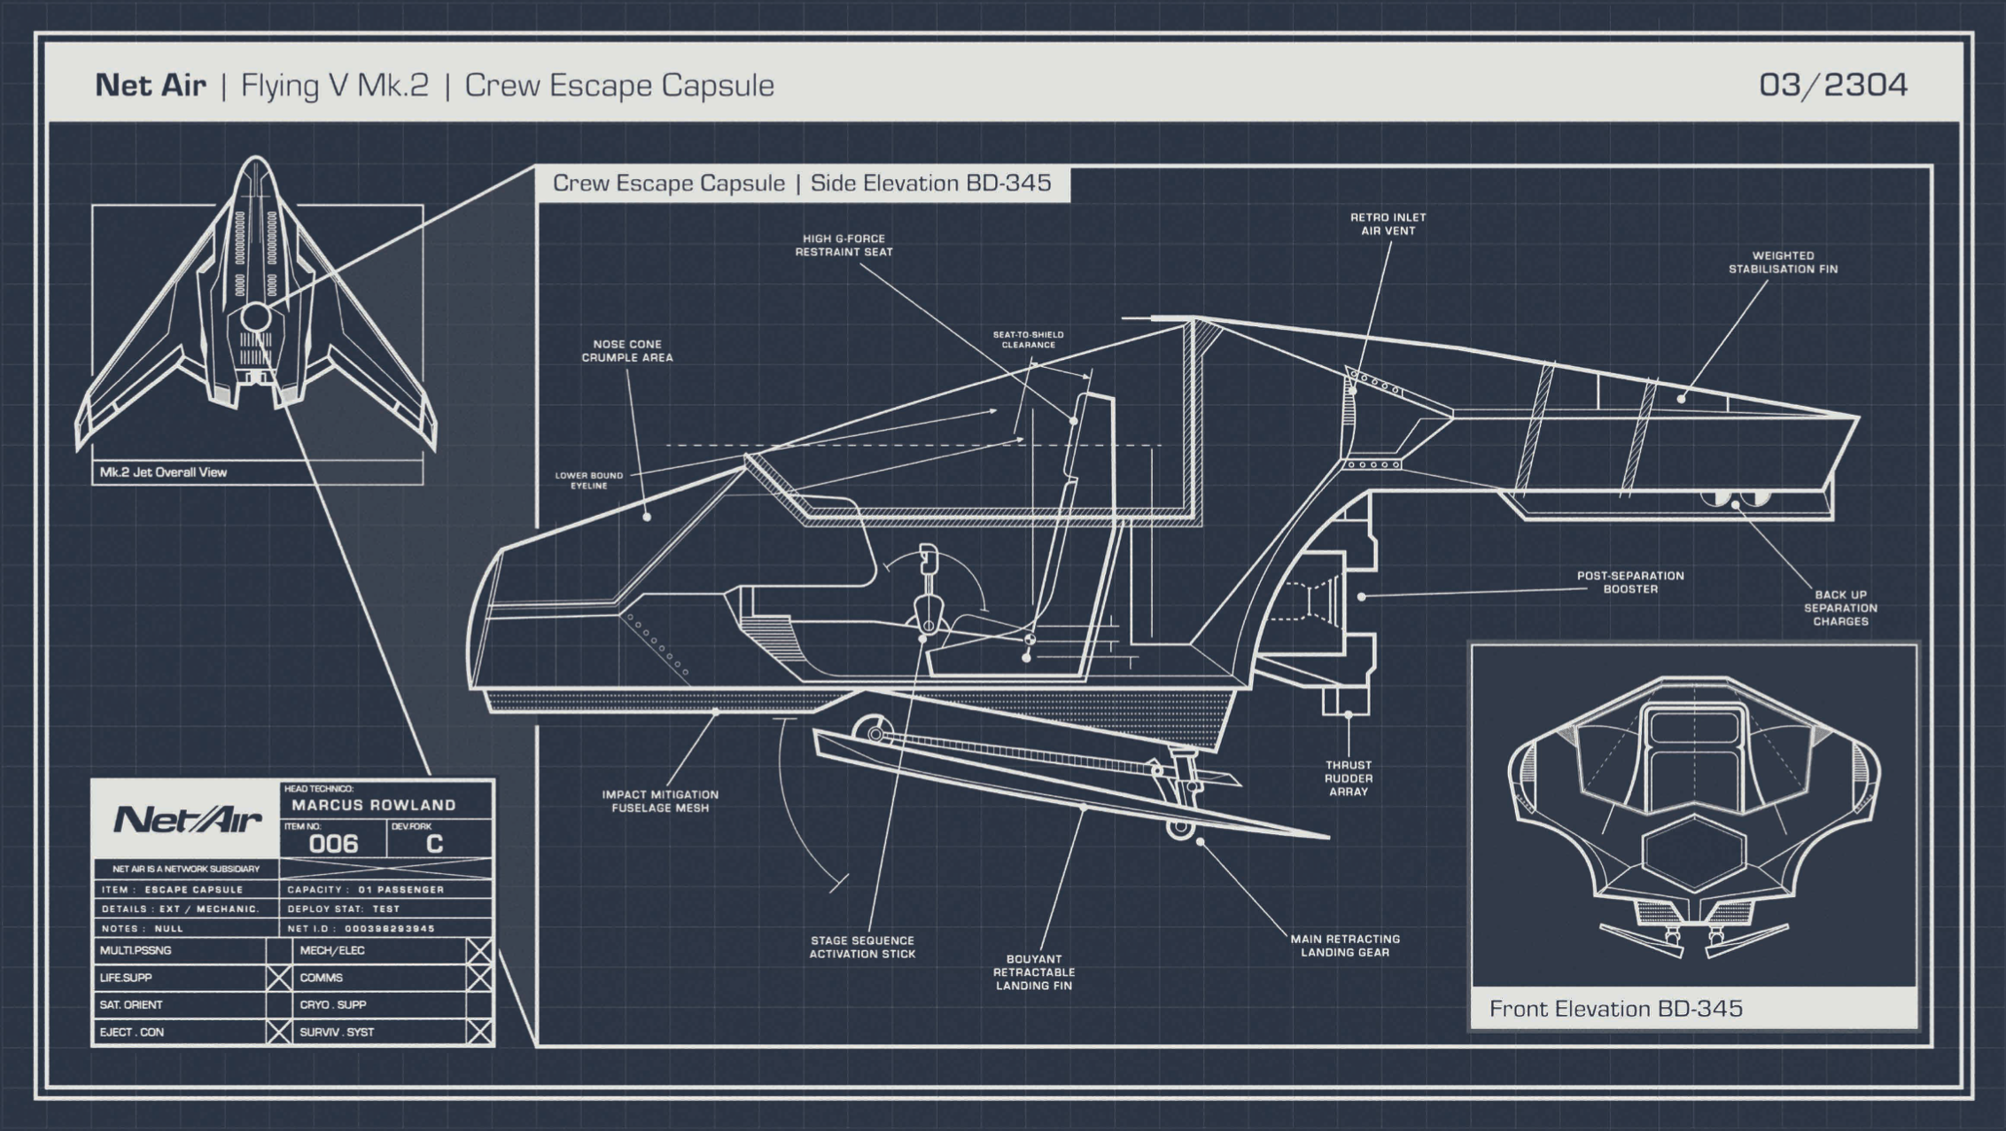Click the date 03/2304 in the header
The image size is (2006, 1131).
point(1832,85)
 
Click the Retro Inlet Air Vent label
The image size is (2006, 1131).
point(1388,224)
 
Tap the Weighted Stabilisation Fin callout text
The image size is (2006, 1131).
point(1783,262)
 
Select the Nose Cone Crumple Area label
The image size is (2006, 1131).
point(626,351)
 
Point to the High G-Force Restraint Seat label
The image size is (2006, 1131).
point(844,246)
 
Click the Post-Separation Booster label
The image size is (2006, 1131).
point(1629,582)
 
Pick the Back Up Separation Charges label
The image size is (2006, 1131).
point(1840,608)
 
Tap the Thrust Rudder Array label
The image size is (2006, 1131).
point(1348,778)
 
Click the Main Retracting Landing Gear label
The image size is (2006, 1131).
point(1344,946)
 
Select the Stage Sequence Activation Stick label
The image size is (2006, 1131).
point(861,948)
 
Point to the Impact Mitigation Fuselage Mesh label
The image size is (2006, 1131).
point(660,801)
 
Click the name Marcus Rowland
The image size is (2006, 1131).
point(373,805)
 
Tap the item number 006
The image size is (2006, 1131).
point(333,844)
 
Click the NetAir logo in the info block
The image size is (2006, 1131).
point(188,820)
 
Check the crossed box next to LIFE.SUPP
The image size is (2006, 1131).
point(278,978)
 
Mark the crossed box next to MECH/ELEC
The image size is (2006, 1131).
point(479,951)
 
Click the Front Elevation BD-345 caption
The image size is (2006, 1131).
point(1615,1009)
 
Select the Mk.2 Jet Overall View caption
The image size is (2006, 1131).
point(163,472)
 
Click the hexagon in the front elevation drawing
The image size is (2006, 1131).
point(1694,854)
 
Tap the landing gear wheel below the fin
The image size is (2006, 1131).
point(1179,827)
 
